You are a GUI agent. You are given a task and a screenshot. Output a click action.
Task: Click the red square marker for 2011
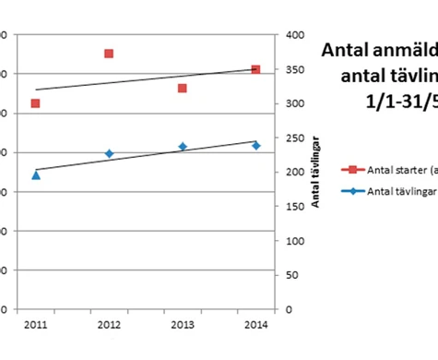pos(35,103)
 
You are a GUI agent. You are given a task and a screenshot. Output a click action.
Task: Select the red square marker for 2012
pos(109,54)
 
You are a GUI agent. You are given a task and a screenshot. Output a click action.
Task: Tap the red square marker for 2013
pos(183,89)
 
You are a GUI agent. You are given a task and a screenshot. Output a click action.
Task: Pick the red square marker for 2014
pos(255,69)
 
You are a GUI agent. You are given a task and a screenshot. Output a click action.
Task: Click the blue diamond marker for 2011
pos(35,174)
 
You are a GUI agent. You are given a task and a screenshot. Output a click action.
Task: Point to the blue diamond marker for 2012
pos(109,153)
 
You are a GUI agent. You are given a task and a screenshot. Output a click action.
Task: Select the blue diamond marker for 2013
pos(183,147)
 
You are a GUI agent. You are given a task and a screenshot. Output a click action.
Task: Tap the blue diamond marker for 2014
pos(255,146)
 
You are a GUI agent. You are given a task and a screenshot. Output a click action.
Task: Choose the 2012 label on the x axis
pos(109,325)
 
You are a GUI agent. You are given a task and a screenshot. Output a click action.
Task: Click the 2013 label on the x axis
pos(183,325)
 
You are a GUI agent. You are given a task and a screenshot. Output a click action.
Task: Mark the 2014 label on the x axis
pos(255,325)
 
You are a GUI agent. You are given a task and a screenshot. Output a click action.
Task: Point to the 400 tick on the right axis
pos(294,35)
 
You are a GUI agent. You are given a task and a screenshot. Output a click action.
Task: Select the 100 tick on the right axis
pos(294,241)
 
